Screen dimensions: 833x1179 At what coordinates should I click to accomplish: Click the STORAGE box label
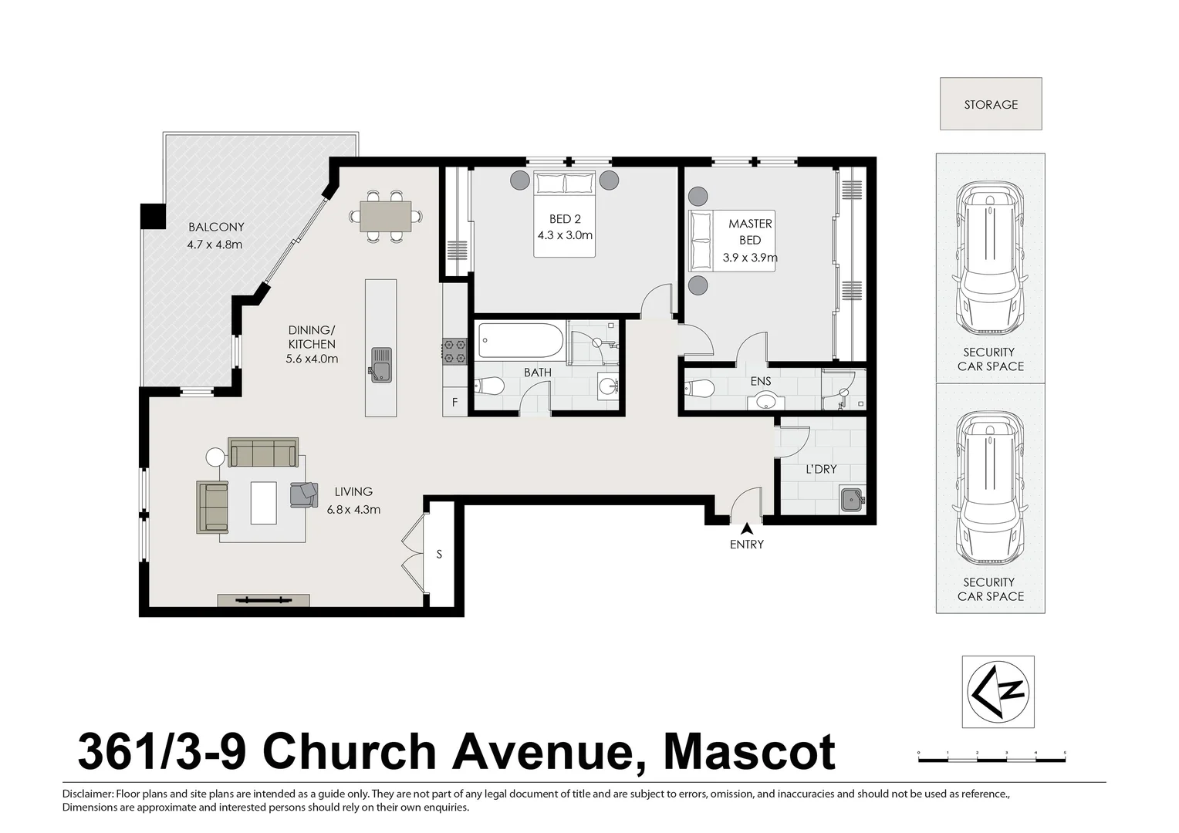[990, 104]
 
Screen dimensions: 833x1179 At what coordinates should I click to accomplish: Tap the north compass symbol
[998, 692]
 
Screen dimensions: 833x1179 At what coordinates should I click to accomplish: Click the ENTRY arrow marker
[746, 529]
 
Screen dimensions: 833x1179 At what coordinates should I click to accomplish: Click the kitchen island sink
[380, 364]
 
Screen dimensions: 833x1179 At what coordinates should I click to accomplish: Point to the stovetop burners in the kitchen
[454, 350]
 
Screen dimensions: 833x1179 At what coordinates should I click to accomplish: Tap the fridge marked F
[454, 402]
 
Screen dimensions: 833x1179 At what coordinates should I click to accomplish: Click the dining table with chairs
[385, 216]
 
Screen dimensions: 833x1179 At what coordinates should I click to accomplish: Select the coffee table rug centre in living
[263, 502]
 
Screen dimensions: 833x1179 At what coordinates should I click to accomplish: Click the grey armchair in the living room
[304, 494]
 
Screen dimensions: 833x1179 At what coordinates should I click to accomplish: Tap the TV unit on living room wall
[263, 600]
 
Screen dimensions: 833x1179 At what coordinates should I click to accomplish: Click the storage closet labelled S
[440, 554]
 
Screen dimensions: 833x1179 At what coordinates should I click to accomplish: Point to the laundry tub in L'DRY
[852, 499]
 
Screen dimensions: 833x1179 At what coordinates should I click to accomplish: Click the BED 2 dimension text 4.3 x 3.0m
[565, 235]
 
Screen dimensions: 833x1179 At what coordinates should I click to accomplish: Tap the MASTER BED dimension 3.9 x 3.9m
[749, 258]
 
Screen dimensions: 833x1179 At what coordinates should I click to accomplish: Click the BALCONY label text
[216, 227]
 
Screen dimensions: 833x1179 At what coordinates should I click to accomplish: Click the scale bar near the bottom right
[992, 759]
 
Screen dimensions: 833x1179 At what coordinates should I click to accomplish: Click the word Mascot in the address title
[749, 752]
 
